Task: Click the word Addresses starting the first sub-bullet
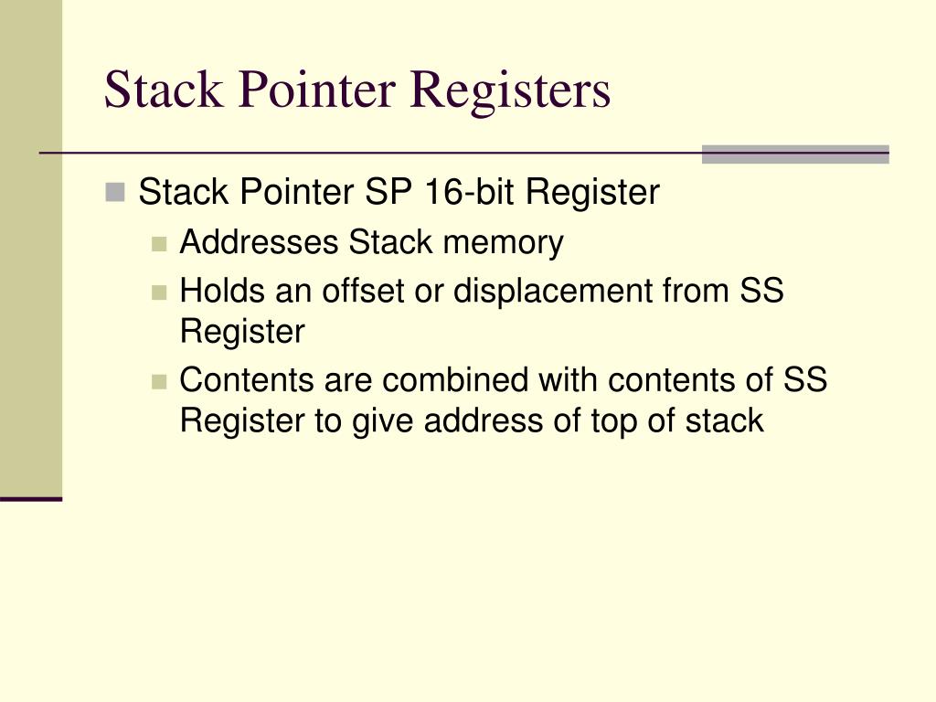tap(261, 243)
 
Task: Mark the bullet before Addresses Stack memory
tap(159, 244)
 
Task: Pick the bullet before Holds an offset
tap(159, 292)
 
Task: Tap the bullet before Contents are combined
tap(159, 380)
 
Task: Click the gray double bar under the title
tap(794, 154)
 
